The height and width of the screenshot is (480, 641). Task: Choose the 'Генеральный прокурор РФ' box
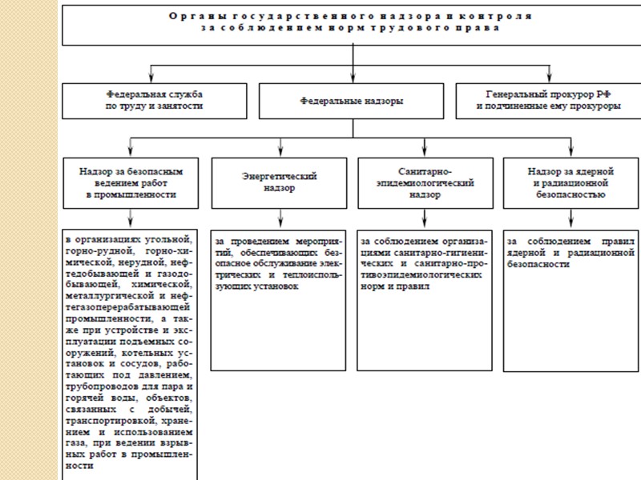coord(548,101)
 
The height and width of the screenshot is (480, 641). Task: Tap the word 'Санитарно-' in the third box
coord(425,170)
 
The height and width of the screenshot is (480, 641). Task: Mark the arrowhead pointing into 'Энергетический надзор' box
coord(280,152)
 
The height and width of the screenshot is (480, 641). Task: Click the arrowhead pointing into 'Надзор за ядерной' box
coord(571,152)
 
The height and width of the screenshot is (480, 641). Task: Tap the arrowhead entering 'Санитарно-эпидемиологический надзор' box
coord(425,152)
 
